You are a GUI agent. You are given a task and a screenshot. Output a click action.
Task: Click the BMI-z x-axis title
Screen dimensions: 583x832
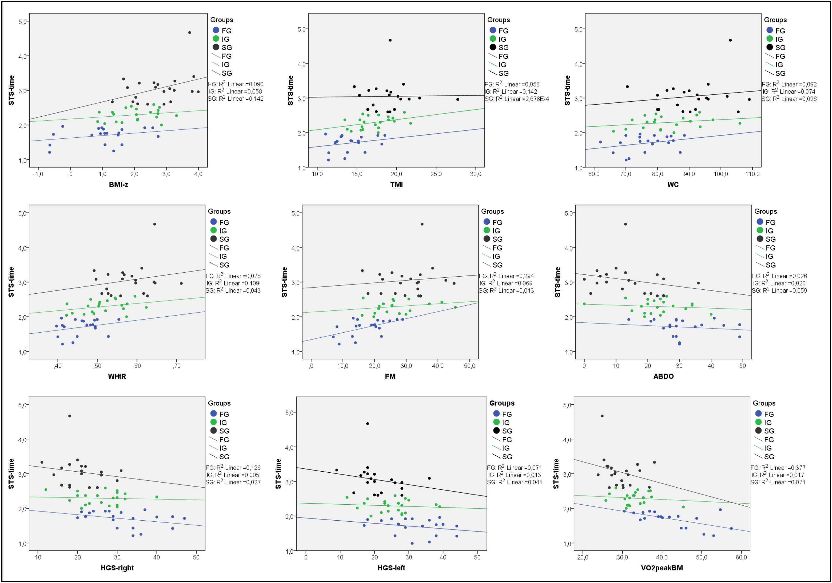[118, 185]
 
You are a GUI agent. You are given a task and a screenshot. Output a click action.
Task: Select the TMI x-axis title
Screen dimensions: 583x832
[396, 185]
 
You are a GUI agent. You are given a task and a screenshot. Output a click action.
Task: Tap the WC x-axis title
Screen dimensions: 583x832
[673, 185]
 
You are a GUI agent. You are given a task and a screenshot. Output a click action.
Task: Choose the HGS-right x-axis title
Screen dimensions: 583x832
[117, 568]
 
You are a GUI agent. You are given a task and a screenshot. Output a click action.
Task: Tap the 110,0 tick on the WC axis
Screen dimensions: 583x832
[752, 174]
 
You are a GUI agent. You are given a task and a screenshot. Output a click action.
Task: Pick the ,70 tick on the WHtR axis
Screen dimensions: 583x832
[176, 366]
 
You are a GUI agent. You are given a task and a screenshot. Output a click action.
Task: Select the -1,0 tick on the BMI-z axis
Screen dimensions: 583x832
[38, 174]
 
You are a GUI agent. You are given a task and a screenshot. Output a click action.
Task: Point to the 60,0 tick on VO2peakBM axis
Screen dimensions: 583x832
[741, 558]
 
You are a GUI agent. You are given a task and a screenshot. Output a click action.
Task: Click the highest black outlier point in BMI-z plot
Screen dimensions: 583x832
[189, 33]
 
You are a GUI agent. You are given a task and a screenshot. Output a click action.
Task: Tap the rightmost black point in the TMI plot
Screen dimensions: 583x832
[458, 99]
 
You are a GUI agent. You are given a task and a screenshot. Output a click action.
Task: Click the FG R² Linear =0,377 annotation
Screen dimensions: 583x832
[778, 468]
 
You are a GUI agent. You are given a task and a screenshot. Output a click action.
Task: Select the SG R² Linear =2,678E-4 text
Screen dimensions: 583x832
[517, 99]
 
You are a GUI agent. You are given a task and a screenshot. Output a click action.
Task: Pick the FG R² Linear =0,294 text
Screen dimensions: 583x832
[506, 276]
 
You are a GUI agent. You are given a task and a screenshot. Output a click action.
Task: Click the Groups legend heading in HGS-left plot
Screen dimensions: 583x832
[502, 403]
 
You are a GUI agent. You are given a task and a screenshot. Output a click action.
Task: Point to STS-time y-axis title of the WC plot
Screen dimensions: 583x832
[568, 91]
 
